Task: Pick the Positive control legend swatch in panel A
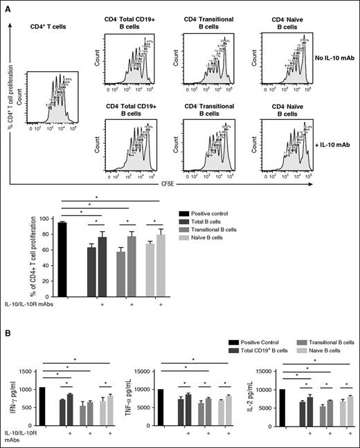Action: coord(179,213)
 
